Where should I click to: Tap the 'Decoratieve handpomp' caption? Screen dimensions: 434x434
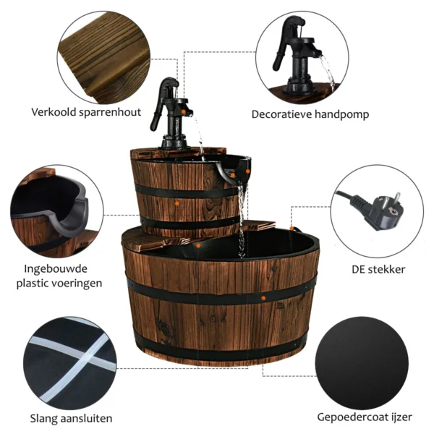click(310, 114)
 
